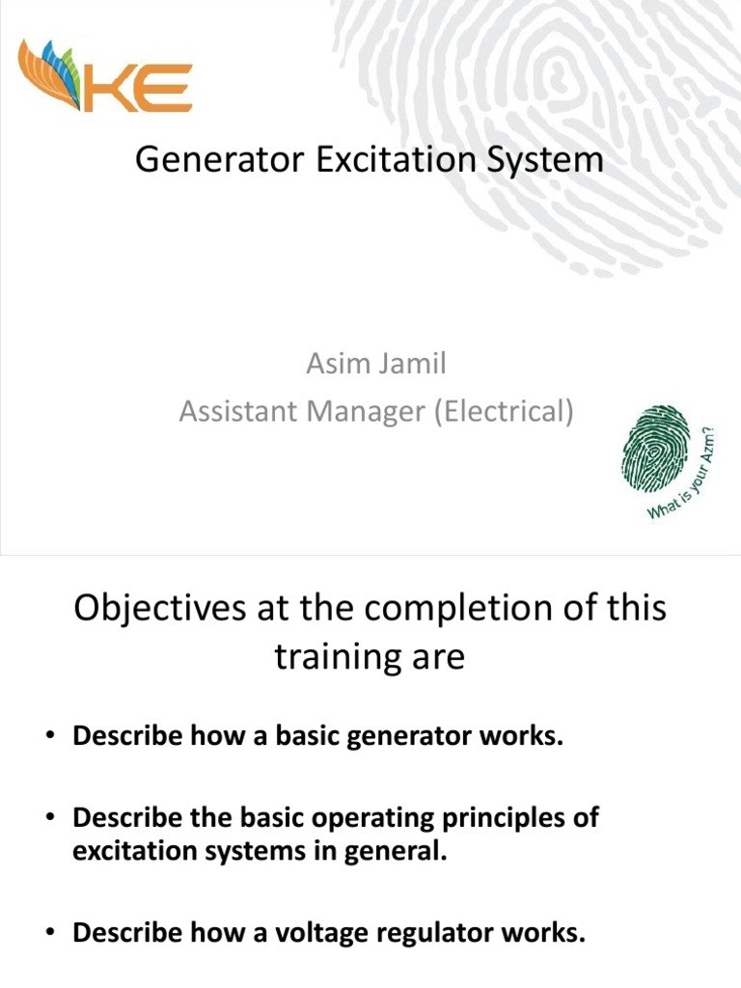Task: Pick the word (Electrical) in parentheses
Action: click(x=505, y=412)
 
